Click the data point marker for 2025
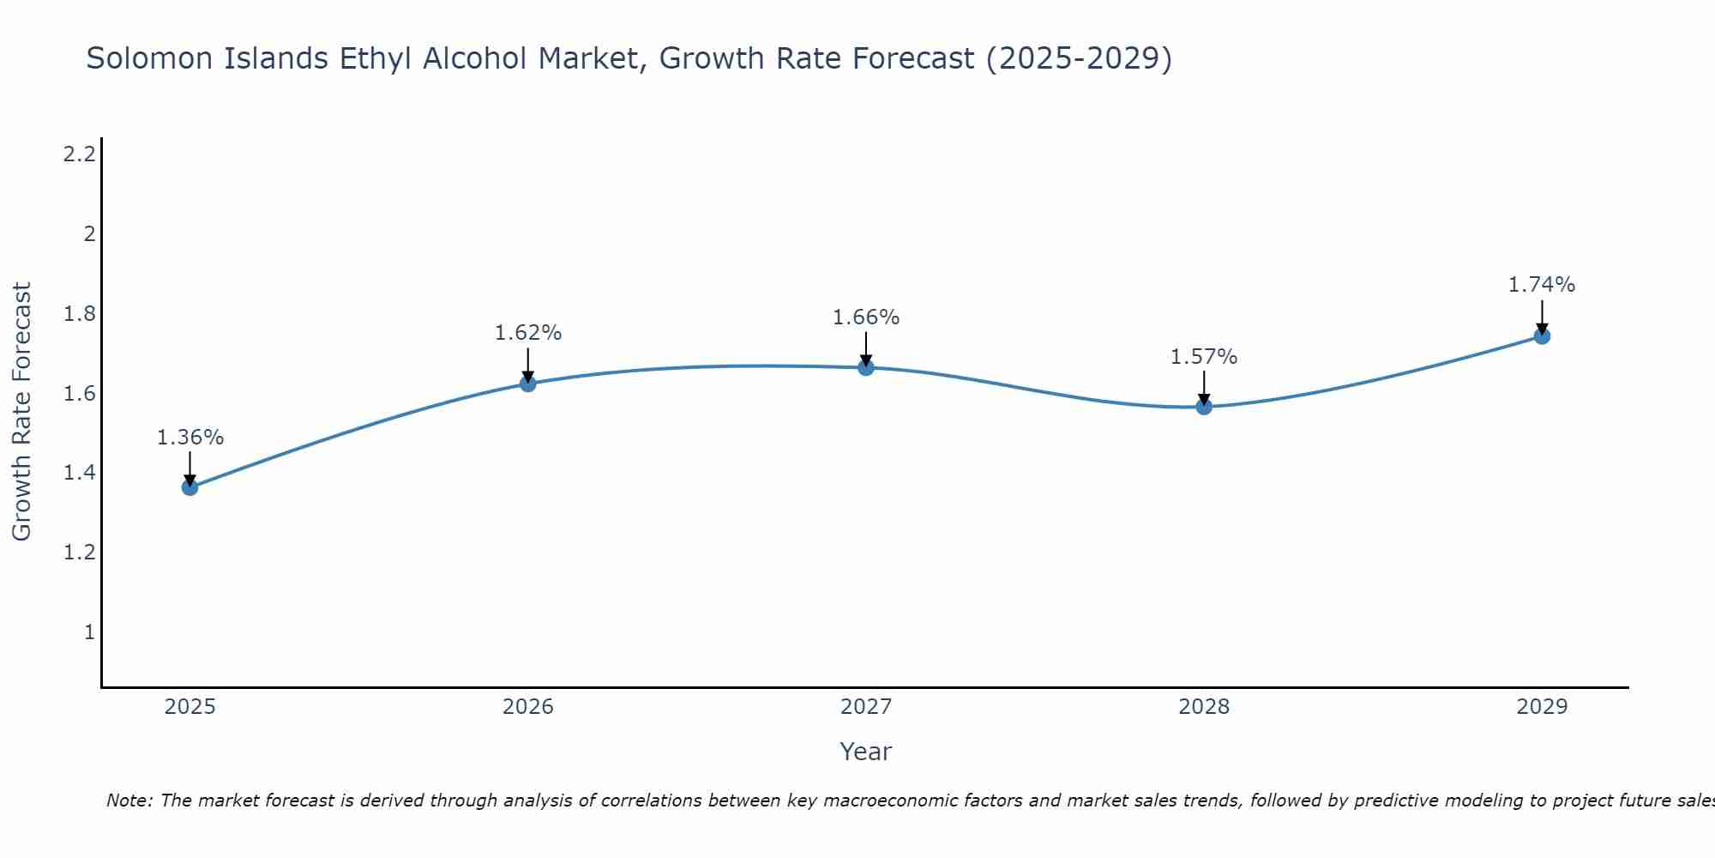coord(190,487)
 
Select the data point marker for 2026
coord(528,384)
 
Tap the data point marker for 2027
coord(866,368)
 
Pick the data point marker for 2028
coord(1204,407)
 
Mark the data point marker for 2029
coord(1542,336)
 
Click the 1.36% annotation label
coord(190,438)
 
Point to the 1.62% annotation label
coord(528,333)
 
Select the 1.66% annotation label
coord(866,317)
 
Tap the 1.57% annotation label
coord(1204,357)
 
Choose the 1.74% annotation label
coord(1542,285)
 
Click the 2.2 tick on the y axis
coord(79,154)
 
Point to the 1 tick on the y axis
coord(88,632)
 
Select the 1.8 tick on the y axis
coord(79,314)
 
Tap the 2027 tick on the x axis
coord(866,707)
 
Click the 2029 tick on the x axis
coord(1542,707)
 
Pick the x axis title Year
coord(865,752)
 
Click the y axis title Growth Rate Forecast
coord(21,412)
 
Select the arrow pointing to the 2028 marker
coord(1204,388)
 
